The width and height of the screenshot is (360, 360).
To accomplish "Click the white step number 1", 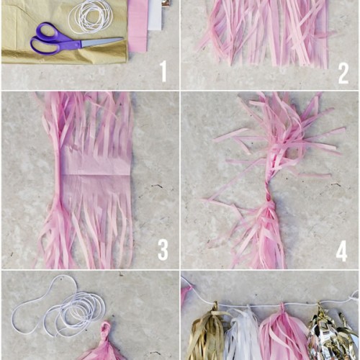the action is [x=164, y=71].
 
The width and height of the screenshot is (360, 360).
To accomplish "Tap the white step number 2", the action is [x=343, y=73].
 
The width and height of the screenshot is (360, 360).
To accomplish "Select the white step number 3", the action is [x=163, y=251].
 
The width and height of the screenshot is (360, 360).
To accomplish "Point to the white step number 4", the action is [x=342, y=251].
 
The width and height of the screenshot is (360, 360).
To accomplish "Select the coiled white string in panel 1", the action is [x=91, y=16].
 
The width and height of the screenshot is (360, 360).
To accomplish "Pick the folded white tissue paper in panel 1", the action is [x=155, y=16].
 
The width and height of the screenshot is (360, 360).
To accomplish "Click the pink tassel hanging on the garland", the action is [x=284, y=333].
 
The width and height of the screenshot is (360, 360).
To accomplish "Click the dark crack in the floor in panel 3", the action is [x=157, y=186].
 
